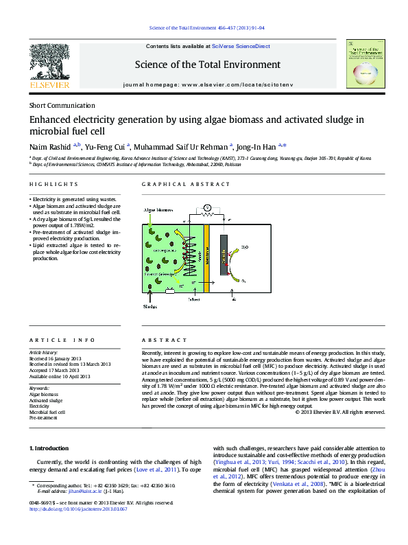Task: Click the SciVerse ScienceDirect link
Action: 241,46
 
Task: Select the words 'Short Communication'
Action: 62,106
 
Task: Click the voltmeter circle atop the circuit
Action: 207,207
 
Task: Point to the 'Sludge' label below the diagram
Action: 150,308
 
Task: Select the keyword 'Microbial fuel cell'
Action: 47,412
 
